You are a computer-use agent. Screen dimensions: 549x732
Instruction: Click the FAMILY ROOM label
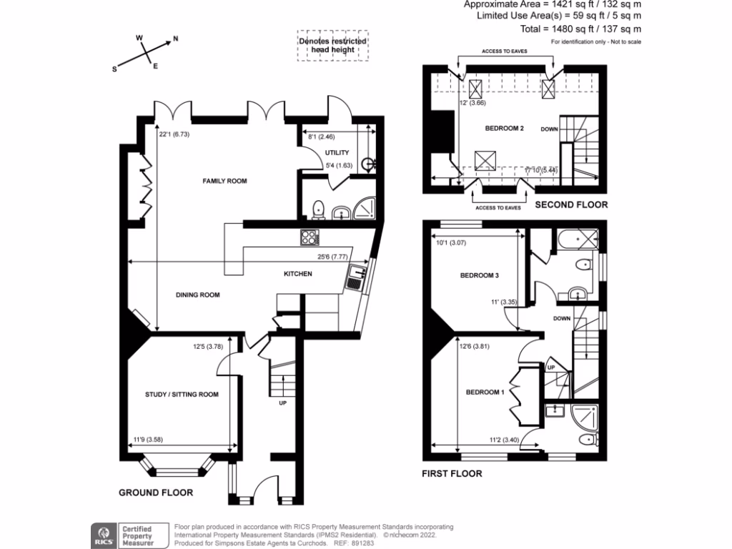[x=224, y=182]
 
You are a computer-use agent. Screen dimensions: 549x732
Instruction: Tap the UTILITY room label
[x=337, y=153]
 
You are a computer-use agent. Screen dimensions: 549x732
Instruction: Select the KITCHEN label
[x=298, y=274]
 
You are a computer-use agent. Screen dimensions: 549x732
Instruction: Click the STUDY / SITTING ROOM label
[x=182, y=395]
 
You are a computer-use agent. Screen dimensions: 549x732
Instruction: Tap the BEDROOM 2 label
[x=505, y=129]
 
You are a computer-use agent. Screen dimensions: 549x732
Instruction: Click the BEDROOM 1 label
[x=485, y=392]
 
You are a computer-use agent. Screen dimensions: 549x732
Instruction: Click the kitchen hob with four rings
[x=309, y=237]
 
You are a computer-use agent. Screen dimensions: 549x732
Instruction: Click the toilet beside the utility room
[x=319, y=209]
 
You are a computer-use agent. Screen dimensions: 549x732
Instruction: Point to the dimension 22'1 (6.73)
[x=174, y=133]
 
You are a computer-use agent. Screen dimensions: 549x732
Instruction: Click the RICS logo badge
[x=101, y=535]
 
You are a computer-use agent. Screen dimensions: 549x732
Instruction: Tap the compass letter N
[x=176, y=40]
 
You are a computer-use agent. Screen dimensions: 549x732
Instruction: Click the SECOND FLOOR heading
[x=572, y=205]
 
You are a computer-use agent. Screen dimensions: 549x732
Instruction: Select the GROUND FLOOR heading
[x=156, y=493]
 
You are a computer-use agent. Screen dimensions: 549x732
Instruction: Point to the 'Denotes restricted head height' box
[x=332, y=46]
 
